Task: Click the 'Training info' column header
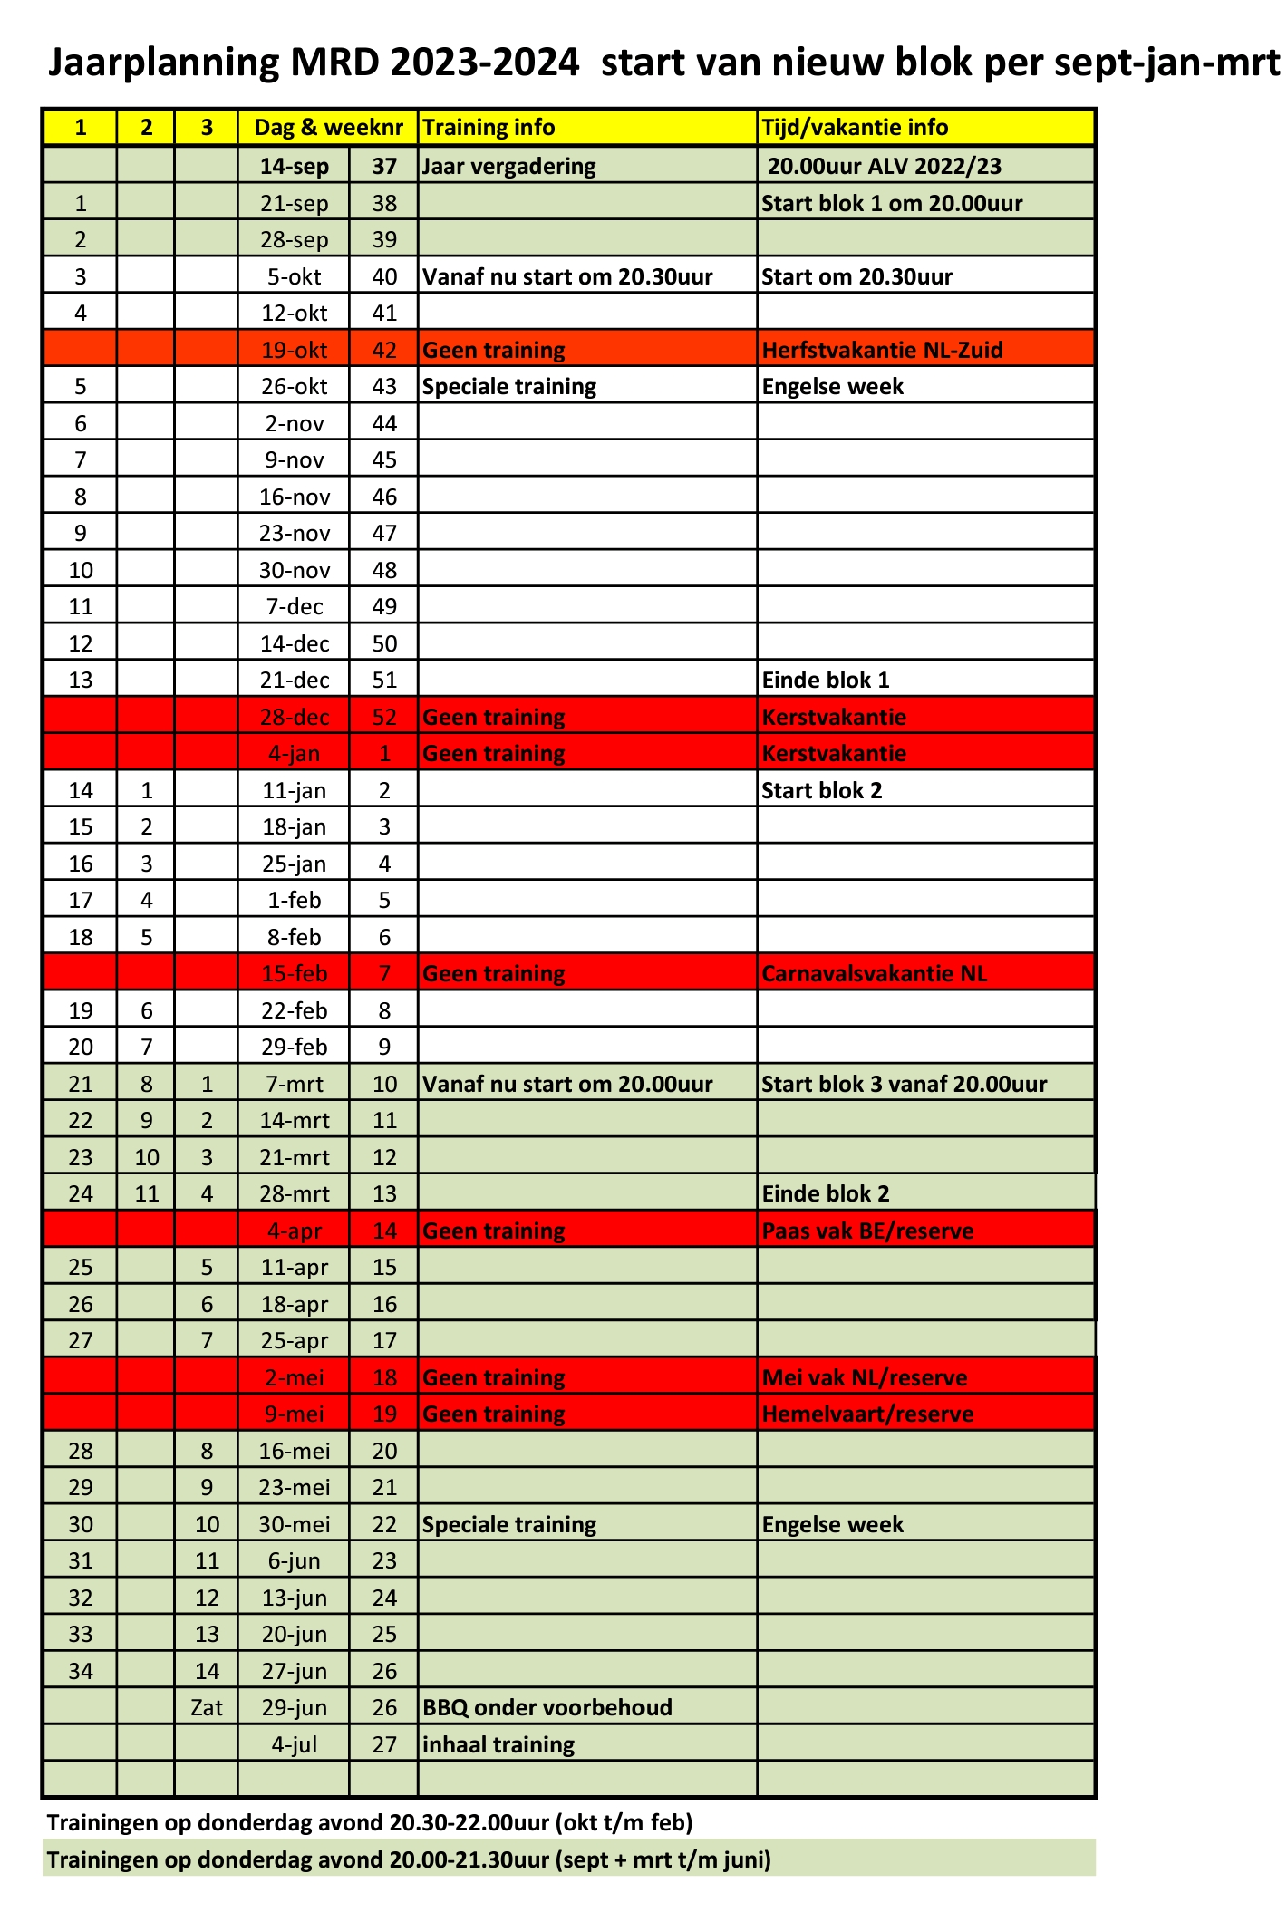click(x=489, y=128)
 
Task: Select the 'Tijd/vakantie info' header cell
click(x=855, y=128)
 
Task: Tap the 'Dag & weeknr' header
click(x=328, y=128)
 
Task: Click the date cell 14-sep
click(x=294, y=166)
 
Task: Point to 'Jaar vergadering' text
click(x=509, y=166)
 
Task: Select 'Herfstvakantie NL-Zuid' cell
click(x=882, y=350)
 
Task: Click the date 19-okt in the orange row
click(x=294, y=350)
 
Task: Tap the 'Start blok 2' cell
click(x=821, y=790)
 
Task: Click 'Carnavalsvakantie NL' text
click(x=874, y=973)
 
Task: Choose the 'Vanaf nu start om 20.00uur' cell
click(x=567, y=1084)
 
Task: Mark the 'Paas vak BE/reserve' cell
click(x=867, y=1231)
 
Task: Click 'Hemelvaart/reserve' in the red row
click(x=867, y=1414)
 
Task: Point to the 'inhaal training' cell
click(x=498, y=1744)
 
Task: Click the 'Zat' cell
click(x=207, y=1707)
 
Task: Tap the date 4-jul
click(x=294, y=1744)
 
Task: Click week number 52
click(x=384, y=717)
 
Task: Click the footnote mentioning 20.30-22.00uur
click(x=370, y=1822)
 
